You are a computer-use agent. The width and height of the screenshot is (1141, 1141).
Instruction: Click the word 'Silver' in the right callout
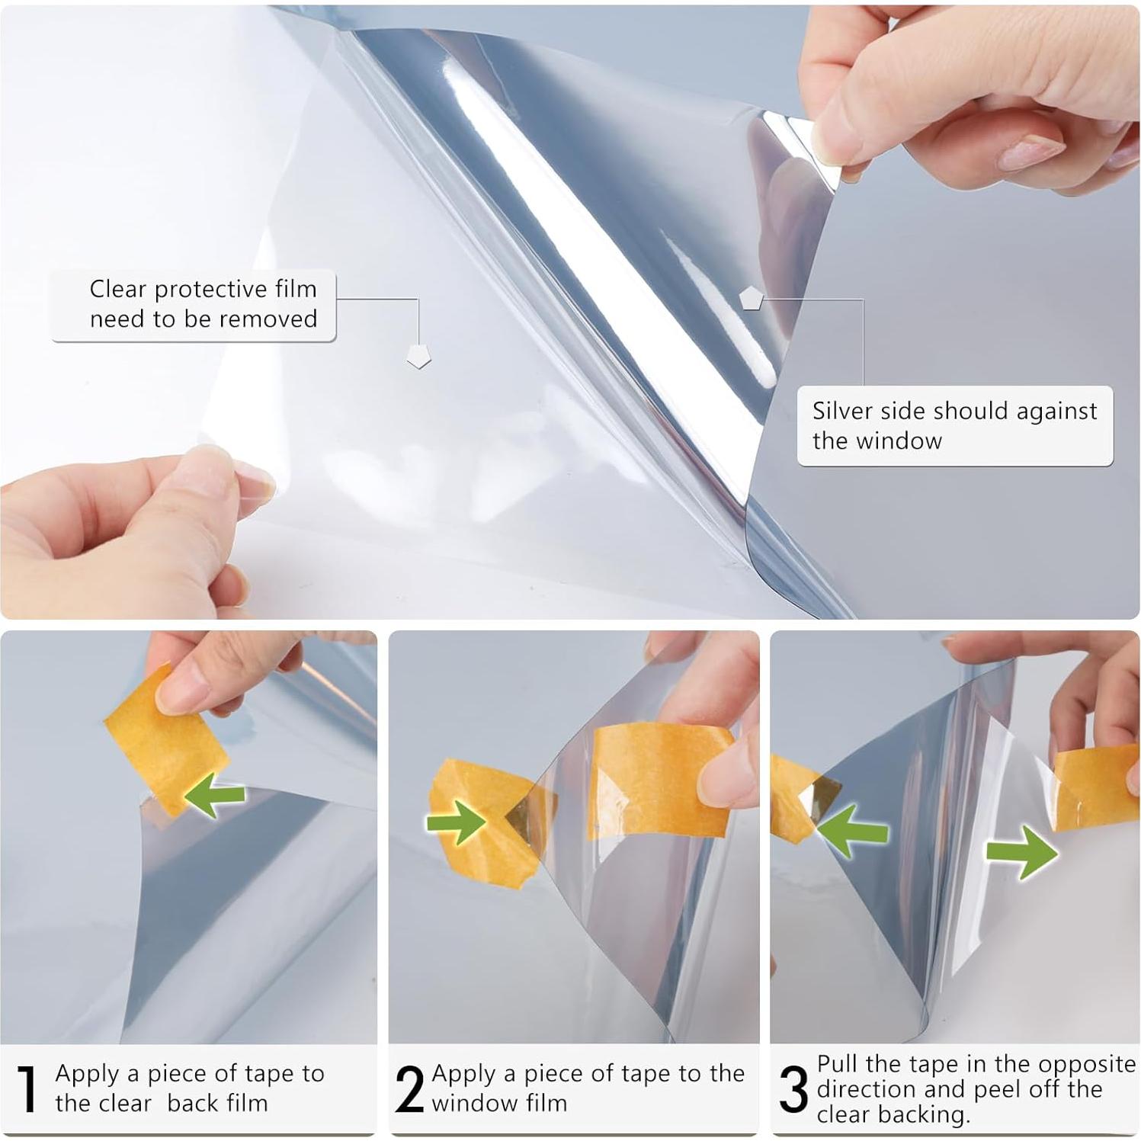pos(841,411)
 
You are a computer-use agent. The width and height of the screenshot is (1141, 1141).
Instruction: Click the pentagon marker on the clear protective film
pos(418,355)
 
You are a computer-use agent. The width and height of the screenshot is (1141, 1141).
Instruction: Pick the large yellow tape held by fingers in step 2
pos(655,781)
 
